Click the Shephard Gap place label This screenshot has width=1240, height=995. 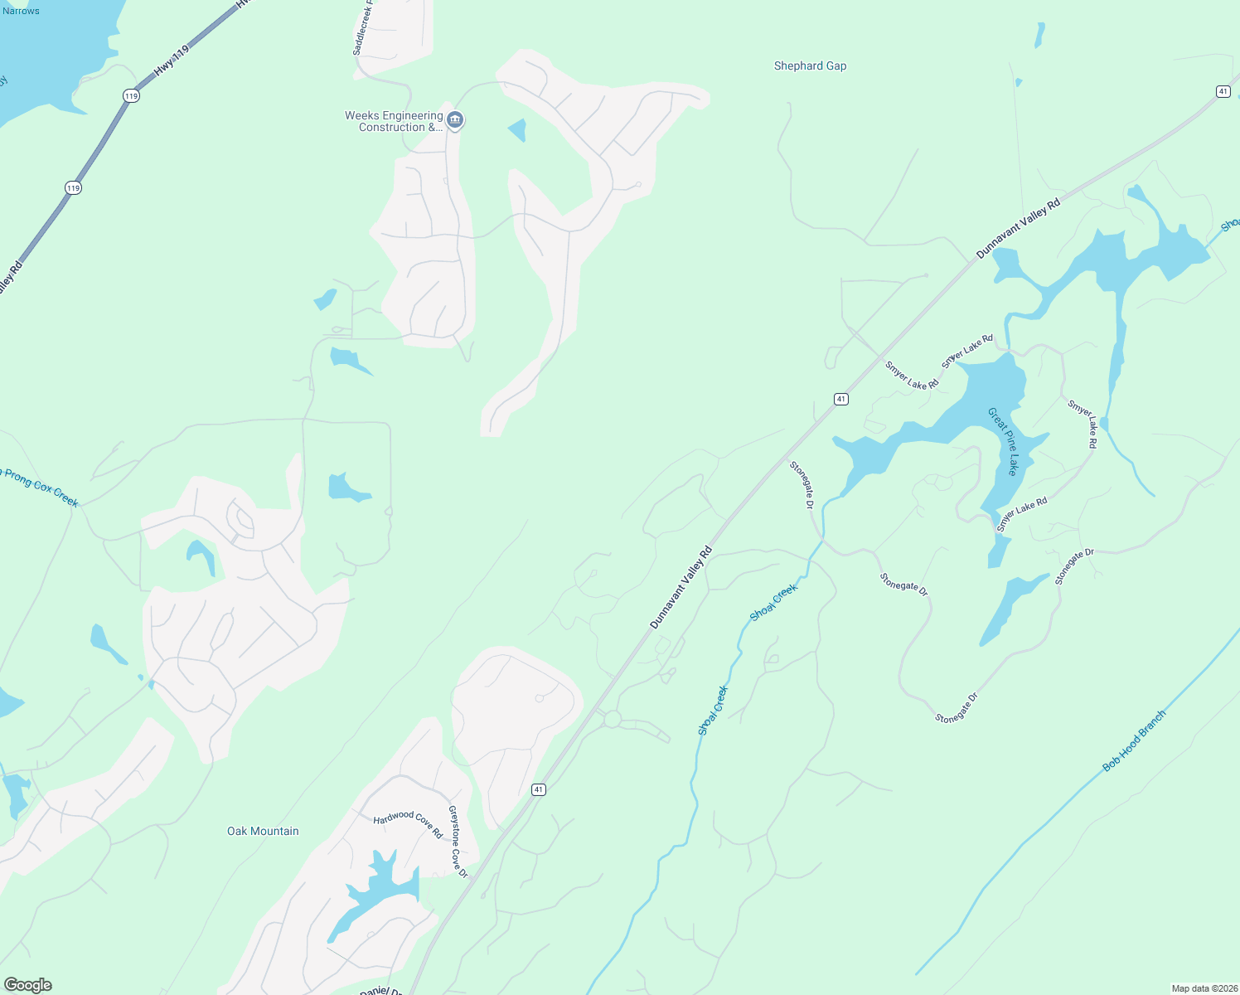[810, 66]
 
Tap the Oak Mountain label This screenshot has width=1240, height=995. [263, 831]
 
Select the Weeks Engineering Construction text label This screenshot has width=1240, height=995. [394, 121]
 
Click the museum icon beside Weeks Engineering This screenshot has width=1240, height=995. [455, 121]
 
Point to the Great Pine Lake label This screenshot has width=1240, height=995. [1002, 441]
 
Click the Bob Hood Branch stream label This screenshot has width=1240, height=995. [1134, 740]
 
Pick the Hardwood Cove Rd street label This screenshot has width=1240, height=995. [408, 823]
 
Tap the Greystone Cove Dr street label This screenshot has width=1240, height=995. [458, 842]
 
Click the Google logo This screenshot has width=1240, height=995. [28, 985]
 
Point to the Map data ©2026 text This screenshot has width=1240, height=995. [1204, 988]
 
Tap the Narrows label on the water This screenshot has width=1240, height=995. [21, 11]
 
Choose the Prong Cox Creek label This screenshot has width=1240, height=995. [41, 488]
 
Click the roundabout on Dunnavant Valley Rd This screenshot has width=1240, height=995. [613, 719]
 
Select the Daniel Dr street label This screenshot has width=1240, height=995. [381, 991]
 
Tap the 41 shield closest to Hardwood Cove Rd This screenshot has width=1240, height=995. [539, 789]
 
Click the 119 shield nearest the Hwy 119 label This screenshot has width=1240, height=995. [131, 96]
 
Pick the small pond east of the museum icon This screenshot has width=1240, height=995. [518, 130]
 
